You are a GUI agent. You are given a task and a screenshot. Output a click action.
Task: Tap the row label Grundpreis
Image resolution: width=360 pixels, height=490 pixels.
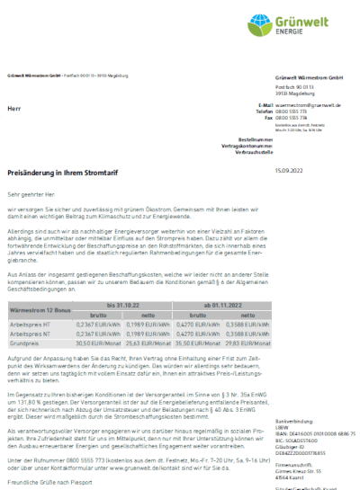[x=25, y=343]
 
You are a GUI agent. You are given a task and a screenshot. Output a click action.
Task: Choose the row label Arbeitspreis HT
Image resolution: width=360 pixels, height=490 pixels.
[x=29, y=324]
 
